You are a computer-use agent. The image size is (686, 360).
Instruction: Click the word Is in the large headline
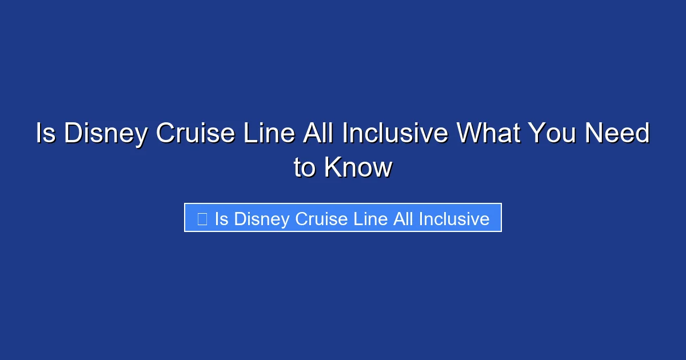point(46,134)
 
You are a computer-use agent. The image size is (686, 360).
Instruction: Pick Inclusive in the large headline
point(394,134)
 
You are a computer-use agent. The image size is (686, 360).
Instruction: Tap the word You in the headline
point(552,134)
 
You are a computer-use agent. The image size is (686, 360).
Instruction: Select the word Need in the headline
point(619,134)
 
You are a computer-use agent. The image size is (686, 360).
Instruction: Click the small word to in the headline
point(305,168)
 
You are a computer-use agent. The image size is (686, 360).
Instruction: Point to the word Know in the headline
point(358,168)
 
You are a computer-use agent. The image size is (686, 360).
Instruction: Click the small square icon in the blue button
point(202,219)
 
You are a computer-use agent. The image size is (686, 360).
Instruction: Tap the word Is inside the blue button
point(222,219)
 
